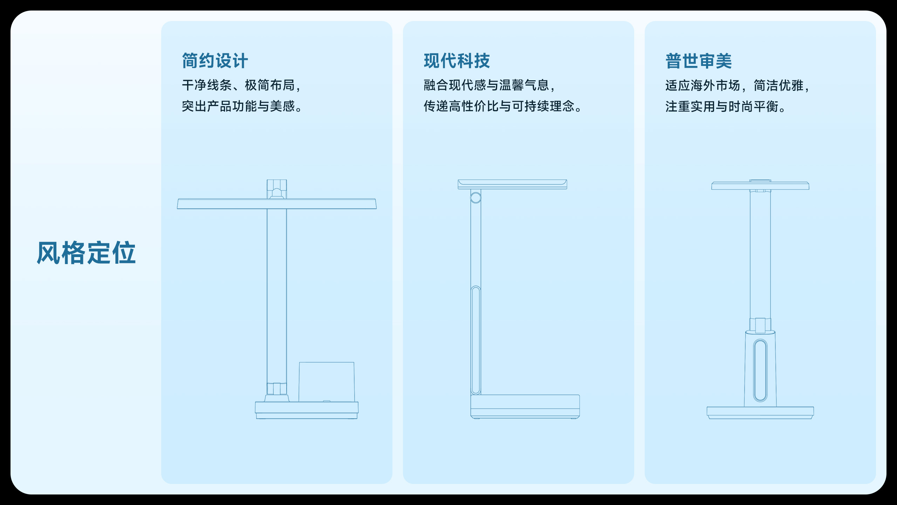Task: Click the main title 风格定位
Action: point(86,253)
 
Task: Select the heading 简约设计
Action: point(215,61)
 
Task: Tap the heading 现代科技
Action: point(457,61)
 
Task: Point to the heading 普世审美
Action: point(698,61)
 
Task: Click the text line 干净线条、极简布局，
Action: point(241,85)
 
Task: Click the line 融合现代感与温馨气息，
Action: point(489,85)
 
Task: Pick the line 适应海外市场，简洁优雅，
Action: point(737,86)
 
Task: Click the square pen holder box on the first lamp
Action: point(327,382)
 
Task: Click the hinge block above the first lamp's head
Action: point(277,189)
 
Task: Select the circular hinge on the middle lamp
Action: point(476,198)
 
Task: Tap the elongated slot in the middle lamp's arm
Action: point(476,340)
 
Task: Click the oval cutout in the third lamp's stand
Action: point(760,370)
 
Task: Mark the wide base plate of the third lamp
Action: point(760,412)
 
